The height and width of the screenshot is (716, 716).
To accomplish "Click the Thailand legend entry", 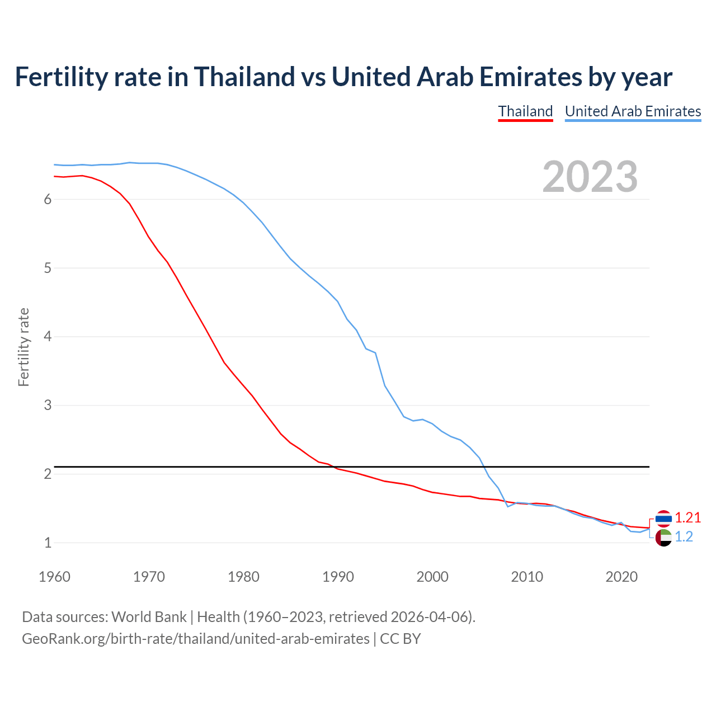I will [x=525, y=111].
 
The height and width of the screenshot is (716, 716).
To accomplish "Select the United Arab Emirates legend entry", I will [x=633, y=111].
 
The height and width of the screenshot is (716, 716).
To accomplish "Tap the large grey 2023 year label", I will [x=590, y=177].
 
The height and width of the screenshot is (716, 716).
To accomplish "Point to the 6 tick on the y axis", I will [x=48, y=200].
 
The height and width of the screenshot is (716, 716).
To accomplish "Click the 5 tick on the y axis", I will [x=48, y=268].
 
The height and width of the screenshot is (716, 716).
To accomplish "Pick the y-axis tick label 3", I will [x=48, y=406].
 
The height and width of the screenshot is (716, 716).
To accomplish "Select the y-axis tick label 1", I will [x=48, y=543].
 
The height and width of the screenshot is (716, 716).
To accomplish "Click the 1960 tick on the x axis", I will [x=54, y=577].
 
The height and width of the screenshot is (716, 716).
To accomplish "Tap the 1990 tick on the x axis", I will [x=338, y=577].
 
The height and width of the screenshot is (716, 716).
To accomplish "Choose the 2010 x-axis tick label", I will [x=527, y=577].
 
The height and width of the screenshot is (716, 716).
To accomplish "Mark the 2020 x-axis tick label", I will [x=621, y=577].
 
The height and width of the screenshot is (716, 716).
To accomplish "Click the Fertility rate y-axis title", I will [x=23, y=347].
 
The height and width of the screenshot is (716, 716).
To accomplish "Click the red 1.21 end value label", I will [x=687, y=518].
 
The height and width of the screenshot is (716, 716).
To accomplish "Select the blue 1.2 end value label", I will [x=684, y=537].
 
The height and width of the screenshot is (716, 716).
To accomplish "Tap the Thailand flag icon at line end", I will [x=663, y=519].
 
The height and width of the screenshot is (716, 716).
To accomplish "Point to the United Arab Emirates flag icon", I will [x=663, y=538].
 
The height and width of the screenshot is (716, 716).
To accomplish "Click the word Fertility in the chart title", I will [x=59, y=77].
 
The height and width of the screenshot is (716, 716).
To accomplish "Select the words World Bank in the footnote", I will [x=149, y=617].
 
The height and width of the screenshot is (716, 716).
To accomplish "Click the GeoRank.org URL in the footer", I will [x=196, y=639].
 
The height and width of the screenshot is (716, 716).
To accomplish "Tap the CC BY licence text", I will [x=401, y=639].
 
